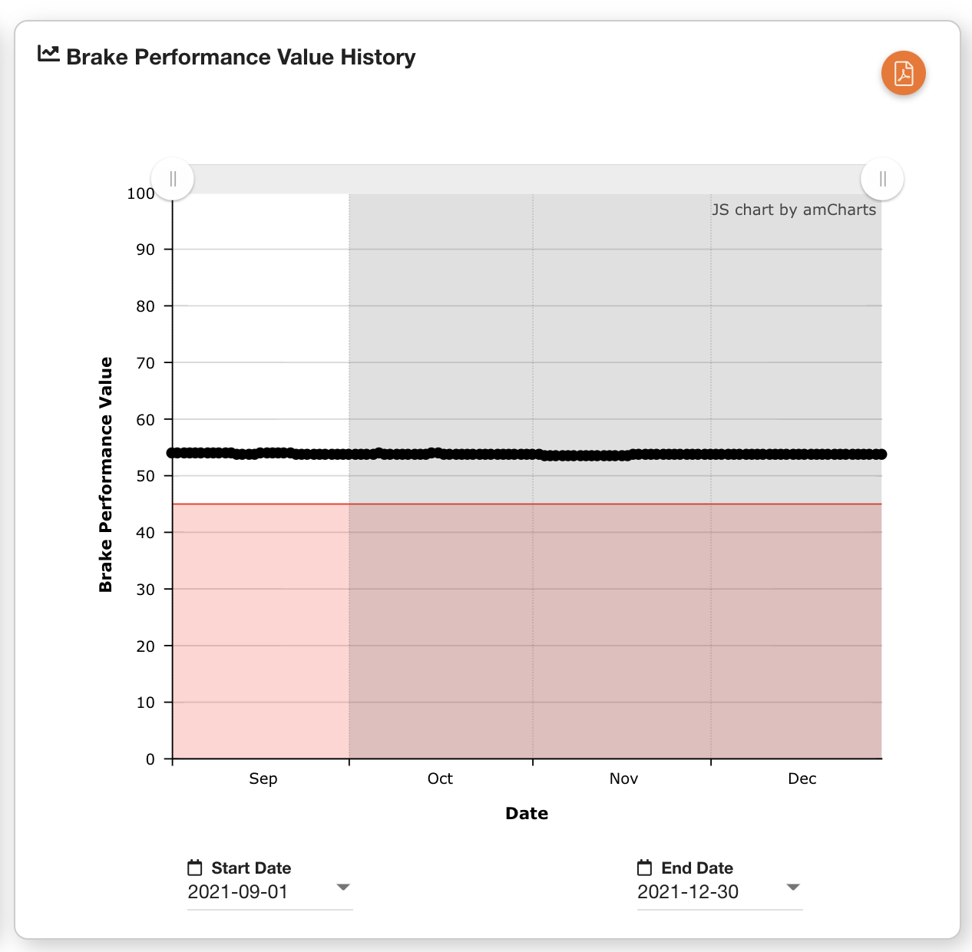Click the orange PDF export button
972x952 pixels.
click(x=904, y=74)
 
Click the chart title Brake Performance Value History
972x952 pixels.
click(x=240, y=57)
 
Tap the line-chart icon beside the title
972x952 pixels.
click(x=48, y=54)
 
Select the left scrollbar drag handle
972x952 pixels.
click(x=173, y=179)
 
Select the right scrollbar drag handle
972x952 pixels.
click(x=882, y=179)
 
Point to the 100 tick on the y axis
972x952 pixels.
click(x=141, y=193)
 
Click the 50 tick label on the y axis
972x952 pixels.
click(x=145, y=476)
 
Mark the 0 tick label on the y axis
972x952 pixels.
click(x=150, y=759)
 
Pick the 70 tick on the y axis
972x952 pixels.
click(x=145, y=363)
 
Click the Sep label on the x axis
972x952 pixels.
click(x=263, y=778)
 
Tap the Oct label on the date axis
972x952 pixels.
click(x=440, y=778)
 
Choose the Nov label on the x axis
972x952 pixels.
click(x=623, y=778)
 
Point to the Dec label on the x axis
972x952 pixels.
click(x=802, y=778)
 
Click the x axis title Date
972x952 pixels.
click(x=527, y=814)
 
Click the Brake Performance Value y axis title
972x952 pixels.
click(x=106, y=474)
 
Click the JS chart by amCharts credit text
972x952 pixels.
click(x=794, y=210)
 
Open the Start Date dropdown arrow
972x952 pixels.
click(x=343, y=888)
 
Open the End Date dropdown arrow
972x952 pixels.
click(x=793, y=888)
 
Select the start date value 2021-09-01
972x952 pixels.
click(x=238, y=892)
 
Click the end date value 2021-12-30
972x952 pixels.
click(x=688, y=892)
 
